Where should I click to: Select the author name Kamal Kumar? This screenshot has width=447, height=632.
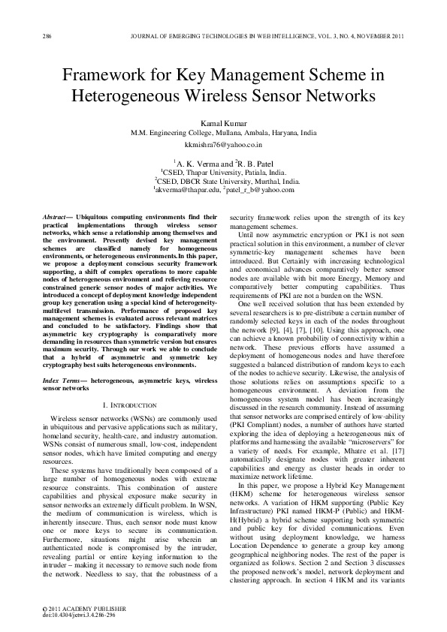tap(223, 122)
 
